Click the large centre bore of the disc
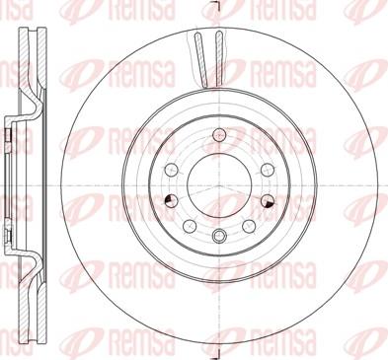pyautogui.click(x=219, y=185)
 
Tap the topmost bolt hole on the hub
pyautogui.click(x=219, y=134)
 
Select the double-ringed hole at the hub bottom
pyautogui.click(x=219, y=235)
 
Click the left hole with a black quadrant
pyautogui.click(x=171, y=201)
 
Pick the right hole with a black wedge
pyautogui.click(x=268, y=201)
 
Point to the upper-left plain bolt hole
pyautogui.click(x=171, y=170)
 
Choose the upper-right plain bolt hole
pyautogui.click(x=268, y=170)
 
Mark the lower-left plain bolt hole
pyautogui.click(x=190, y=226)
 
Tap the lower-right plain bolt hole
pyautogui.click(x=249, y=226)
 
